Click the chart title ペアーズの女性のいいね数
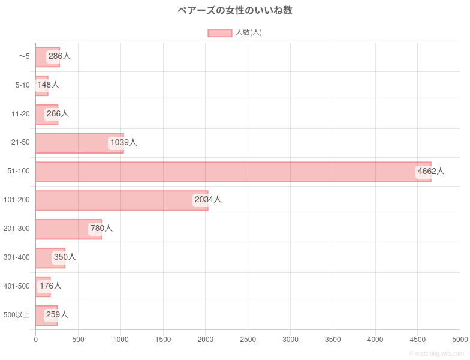point(235,10)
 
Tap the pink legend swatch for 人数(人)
point(219,32)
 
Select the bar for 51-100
point(233,172)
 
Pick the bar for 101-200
point(122,200)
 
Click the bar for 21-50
point(79,143)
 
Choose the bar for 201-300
point(68,229)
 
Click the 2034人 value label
point(208,199)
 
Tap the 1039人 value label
point(123,142)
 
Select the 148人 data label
point(48,85)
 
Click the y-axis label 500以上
point(17,315)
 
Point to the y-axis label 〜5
point(23,56)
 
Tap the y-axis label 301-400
point(16,257)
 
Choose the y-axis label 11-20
point(20,114)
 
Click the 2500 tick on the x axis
point(248,340)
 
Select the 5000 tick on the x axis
point(460,340)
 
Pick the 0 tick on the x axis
point(36,340)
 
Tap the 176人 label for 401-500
point(50,286)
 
